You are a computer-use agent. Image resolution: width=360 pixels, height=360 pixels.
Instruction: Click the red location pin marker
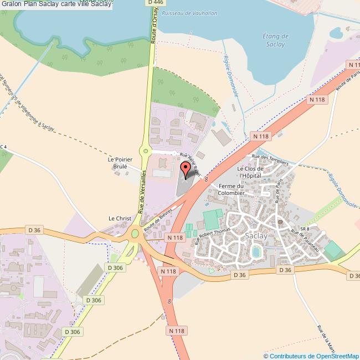point(187,169)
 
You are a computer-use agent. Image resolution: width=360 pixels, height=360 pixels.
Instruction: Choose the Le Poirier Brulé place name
point(117,162)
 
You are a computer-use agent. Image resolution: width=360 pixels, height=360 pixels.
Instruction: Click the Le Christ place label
point(120,219)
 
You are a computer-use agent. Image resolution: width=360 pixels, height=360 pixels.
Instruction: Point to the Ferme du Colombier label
point(232,189)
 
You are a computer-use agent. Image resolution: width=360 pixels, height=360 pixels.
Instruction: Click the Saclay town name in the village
point(256,236)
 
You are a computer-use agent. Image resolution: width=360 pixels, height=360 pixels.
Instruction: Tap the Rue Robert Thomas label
point(213,236)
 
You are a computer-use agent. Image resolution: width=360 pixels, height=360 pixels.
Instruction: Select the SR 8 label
point(304,229)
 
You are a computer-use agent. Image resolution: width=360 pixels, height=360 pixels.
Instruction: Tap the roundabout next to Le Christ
point(135,234)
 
